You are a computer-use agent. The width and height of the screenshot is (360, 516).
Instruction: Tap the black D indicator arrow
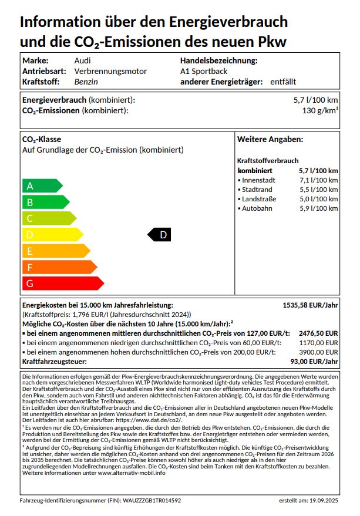(x=159, y=235)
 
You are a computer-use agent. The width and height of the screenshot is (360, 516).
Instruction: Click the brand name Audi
(x=82, y=60)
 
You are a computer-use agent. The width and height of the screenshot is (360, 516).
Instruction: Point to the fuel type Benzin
(x=86, y=82)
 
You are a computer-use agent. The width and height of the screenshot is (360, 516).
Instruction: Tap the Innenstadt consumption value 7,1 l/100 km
(x=319, y=180)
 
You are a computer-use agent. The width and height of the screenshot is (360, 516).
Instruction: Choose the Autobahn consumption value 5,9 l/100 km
(x=319, y=208)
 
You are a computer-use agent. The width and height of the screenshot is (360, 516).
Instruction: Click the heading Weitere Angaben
(x=270, y=139)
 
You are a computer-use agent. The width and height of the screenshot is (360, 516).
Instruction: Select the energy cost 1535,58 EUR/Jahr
(x=311, y=305)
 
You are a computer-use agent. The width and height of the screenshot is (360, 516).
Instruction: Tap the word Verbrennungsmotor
(x=110, y=71)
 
